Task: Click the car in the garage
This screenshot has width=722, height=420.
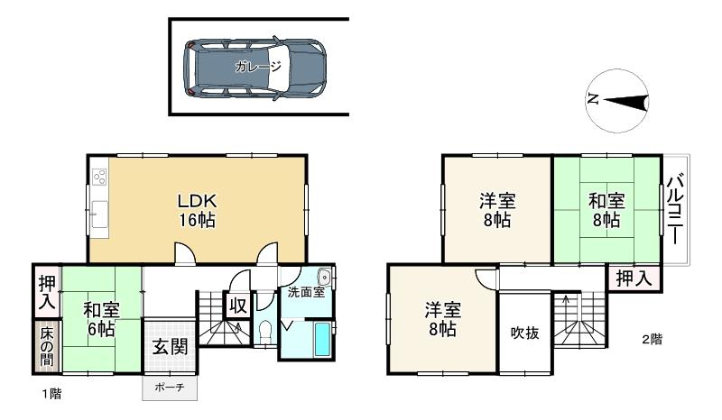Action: coord(255,68)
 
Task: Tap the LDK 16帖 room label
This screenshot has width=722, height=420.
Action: coord(197,211)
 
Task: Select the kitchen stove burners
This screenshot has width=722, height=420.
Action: coord(99,178)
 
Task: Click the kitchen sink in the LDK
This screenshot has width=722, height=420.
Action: coord(99,215)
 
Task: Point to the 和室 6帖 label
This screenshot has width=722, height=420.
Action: coord(101,319)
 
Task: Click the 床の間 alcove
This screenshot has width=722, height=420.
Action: coord(47,346)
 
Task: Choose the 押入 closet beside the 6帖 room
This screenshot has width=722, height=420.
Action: coord(48,292)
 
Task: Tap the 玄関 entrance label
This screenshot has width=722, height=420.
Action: coord(171,347)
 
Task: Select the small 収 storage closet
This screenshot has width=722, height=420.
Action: coord(238,306)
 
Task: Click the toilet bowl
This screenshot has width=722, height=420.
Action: coord(265,331)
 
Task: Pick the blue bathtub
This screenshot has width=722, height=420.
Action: coord(322,340)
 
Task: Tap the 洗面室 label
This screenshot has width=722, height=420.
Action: coord(306,292)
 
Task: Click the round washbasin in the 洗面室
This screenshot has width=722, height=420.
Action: coord(325,278)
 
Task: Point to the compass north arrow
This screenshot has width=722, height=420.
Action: coord(625,102)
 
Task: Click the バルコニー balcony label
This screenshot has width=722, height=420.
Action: coord(676,209)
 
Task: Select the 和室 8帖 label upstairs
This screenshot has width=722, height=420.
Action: coord(606,211)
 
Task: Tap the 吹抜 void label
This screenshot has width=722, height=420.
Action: coord(525,333)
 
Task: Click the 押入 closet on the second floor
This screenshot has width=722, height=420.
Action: coord(634,278)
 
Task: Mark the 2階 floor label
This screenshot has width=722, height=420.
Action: coord(653,340)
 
